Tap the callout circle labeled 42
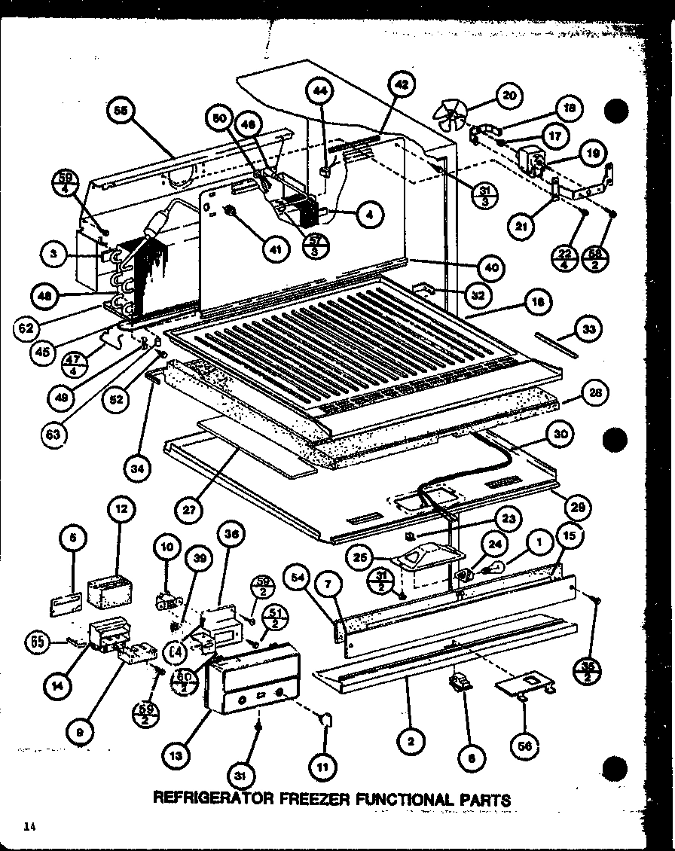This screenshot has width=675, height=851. click(401, 86)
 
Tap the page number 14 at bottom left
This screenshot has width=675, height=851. click(29, 827)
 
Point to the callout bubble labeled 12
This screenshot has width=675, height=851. click(120, 529)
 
